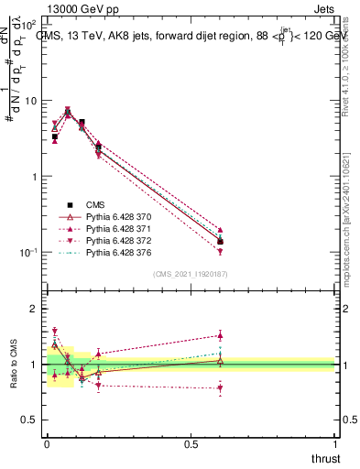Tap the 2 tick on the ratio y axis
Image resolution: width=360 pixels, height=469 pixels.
click(33, 310)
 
